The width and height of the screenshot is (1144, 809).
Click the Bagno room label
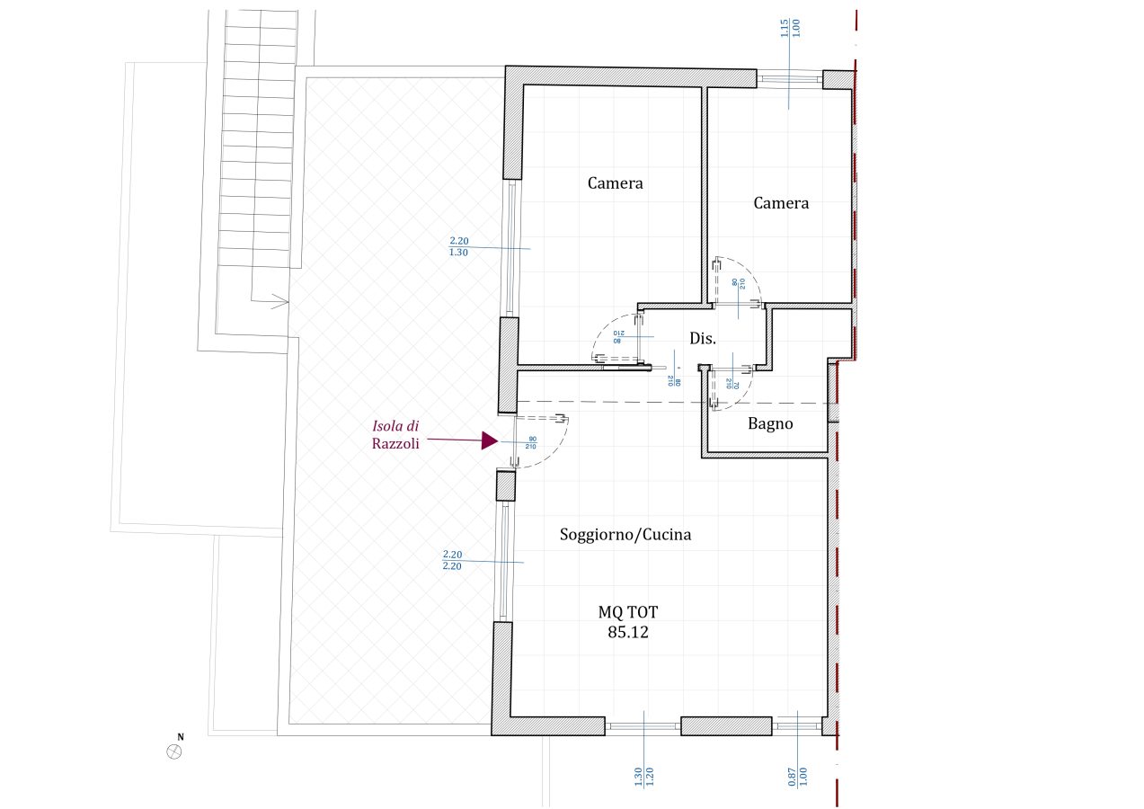(x=770, y=423)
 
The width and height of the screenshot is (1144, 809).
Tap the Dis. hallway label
(x=703, y=339)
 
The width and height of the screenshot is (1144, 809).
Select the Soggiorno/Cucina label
(x=625, y=535)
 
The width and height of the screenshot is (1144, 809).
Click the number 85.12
(x=628, y=632)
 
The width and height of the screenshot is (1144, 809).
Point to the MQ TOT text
(x=628, y=613)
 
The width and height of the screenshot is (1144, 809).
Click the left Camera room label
(x=616, y=183)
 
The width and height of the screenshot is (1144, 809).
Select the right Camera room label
(x=781, y=203)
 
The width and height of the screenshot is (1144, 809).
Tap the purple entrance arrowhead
(x=490, y=440)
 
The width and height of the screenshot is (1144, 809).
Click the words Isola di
(x=395, y=425)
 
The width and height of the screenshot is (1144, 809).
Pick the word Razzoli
(x=395, y=443)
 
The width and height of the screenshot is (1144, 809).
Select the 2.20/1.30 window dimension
(x=458, y=246)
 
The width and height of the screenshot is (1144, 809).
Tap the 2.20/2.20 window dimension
(x=453, y=560)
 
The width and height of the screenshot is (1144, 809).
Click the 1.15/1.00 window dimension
(x=790, y=27)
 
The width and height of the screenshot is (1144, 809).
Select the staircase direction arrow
(x=279, y=300)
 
